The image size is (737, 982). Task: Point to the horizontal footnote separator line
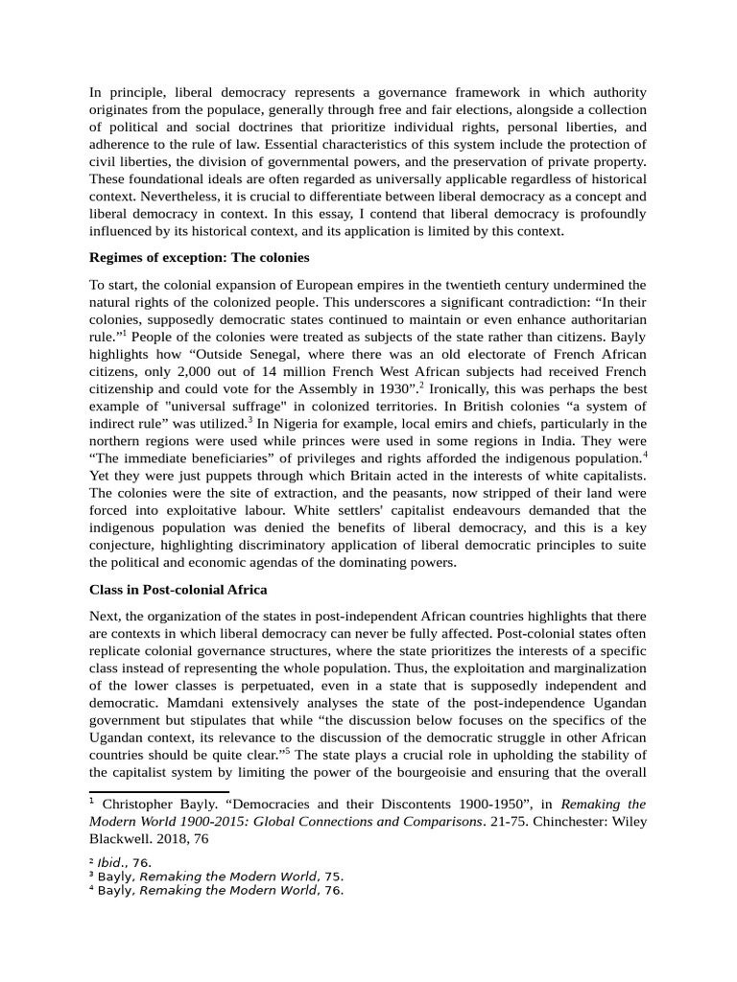pos(158,792)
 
